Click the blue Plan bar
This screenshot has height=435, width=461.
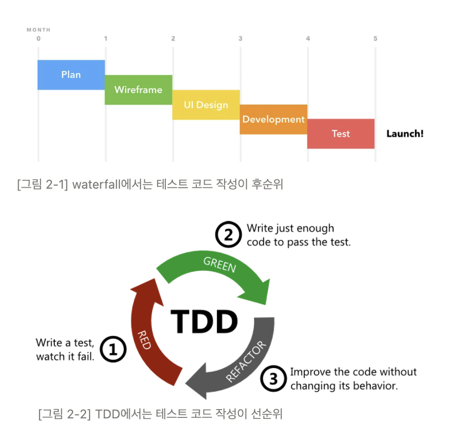coord(71,75)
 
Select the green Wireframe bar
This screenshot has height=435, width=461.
coord(138,90)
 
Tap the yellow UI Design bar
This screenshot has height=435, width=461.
coord(206,105)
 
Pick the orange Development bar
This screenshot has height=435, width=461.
coord(273,119)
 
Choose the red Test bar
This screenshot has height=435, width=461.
coord(341,133)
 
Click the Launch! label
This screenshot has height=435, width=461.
coord(405,133)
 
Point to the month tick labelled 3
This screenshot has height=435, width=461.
coord(240,39)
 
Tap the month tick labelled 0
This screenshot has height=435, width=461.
coord(38,39)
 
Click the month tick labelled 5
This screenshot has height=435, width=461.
coord(375,39)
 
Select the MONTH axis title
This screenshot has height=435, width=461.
coord(39,30)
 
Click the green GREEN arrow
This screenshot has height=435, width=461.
coord(215,274)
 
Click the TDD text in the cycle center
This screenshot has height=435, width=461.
coord(204,322)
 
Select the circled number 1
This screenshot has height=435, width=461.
coord(114,350)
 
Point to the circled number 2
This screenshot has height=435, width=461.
coord(229,235)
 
